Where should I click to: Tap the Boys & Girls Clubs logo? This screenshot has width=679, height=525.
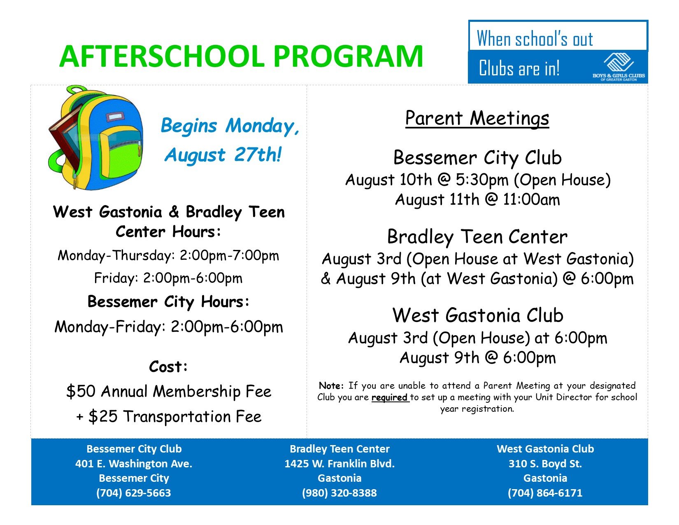[619, 68]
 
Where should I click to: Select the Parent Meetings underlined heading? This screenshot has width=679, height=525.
[477, 118]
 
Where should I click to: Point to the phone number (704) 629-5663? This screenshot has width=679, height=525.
[133, 493]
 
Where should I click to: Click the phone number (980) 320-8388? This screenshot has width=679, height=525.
[339, 493]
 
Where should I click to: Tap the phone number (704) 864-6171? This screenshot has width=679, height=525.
[545, 493]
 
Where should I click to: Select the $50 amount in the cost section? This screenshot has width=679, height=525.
[81, 391]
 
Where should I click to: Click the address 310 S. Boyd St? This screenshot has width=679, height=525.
[545, 464]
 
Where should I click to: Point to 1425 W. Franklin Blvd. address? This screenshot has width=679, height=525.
[339, 464]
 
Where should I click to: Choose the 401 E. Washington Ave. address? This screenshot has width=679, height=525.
[133, 464]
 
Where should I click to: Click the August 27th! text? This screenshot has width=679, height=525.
[223, 155]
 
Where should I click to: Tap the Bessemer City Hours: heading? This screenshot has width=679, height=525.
[168, 302]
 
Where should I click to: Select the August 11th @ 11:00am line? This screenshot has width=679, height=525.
[477, 200]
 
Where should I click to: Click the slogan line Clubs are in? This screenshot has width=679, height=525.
[519, 68]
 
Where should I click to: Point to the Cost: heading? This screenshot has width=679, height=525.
[168, 366]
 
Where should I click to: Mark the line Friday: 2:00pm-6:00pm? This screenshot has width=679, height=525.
[168, 278]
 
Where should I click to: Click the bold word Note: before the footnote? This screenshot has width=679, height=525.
[331, 386]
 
